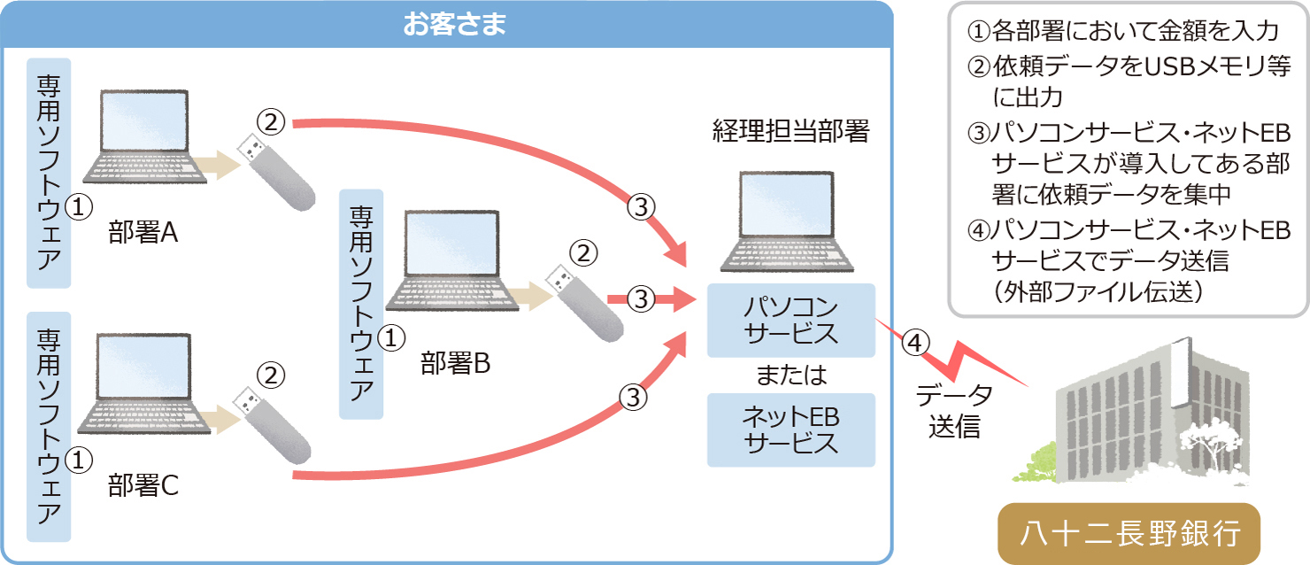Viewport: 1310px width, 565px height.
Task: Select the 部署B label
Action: coord(455,362)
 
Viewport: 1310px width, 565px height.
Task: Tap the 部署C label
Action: coord(143,484)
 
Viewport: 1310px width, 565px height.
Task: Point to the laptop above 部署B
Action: coord(451,261)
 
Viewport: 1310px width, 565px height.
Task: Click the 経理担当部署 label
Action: coord(791,132)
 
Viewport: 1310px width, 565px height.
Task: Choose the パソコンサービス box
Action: coord(791,321)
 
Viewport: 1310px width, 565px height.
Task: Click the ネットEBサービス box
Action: coord(791,430)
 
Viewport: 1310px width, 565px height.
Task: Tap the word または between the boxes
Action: coord(791,375)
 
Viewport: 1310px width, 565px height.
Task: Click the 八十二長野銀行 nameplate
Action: coord(1129,534)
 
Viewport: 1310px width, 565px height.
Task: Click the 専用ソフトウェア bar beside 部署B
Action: coord(362,304)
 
